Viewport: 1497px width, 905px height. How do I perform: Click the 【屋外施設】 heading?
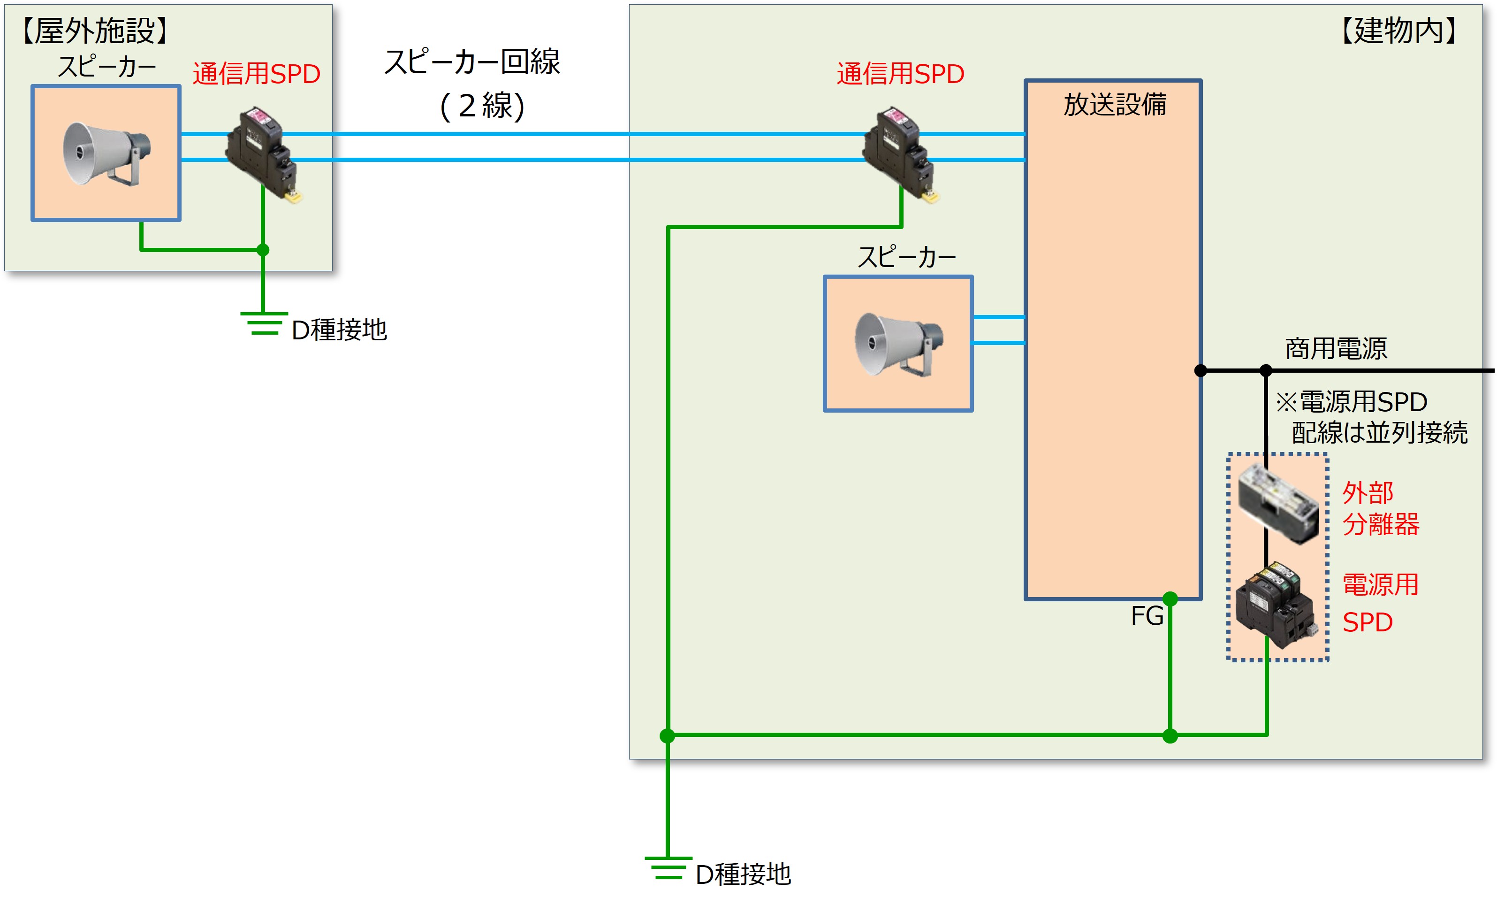point(95,31)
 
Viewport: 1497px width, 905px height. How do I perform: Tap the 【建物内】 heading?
point(1399,31)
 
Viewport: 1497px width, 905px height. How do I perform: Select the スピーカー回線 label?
point(472,62)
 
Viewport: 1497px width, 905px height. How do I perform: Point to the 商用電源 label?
point(1336,349)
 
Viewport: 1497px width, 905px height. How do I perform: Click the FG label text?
point(1147,616)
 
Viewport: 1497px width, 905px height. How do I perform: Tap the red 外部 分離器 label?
point(1380,508)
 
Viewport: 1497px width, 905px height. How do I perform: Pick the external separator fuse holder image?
point(1277,504)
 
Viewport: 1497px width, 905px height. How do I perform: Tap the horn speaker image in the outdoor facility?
point(106,153)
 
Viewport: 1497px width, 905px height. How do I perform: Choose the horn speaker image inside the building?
point(898,344)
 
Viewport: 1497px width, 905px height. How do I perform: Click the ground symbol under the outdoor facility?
point(264,323)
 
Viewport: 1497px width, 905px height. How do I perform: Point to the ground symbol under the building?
point(668,868)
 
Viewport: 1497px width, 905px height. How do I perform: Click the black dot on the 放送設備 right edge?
point(1201,370)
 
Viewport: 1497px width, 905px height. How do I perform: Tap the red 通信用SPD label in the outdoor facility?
point(257,74)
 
